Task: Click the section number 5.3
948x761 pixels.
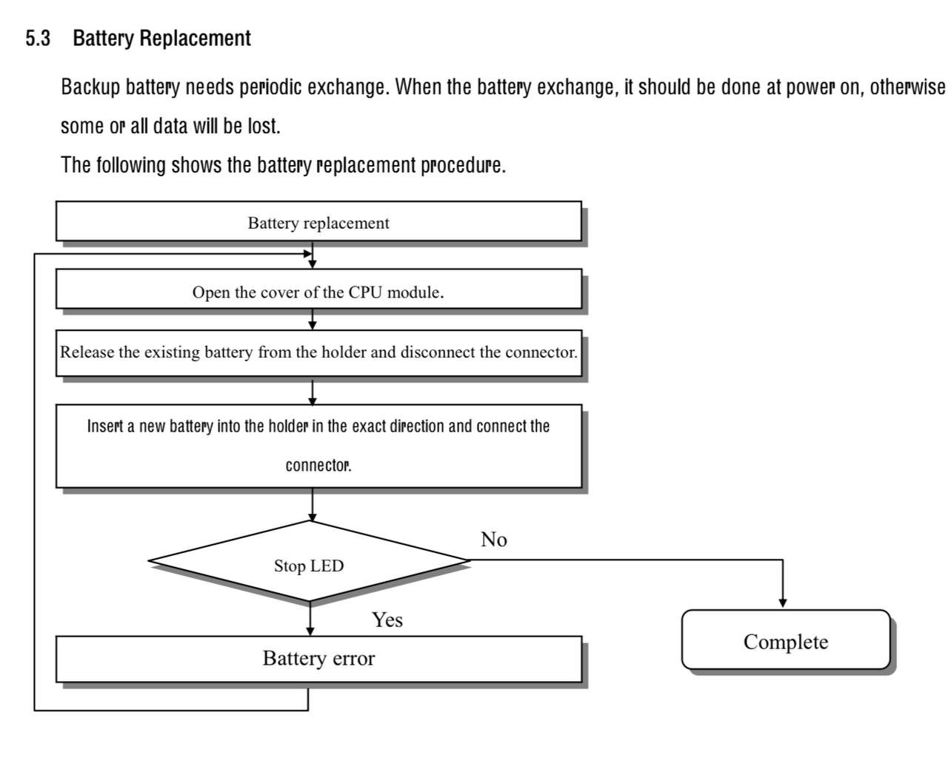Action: [x=38, y=38]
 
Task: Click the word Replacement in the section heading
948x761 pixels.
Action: [x=195, y=38]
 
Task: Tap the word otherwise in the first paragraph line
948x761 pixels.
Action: [x=907, y=87]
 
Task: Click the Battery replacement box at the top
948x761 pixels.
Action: [x=318, y=221]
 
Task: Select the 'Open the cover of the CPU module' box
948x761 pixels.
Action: [x=318, y=289]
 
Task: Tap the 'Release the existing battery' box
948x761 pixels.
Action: [x=318, y=353]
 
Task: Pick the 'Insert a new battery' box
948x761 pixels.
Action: [x=318, y=446]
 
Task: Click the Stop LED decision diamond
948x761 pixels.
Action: [x=310, y=561]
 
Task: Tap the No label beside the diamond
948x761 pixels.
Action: [x=494, y=540]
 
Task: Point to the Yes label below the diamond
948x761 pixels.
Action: [x=387, y=620]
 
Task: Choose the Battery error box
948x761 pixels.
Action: [x=318, y=660]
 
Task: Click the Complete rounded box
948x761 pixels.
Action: [x=786, y=640]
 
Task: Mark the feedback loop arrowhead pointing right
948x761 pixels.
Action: [x=307, y=254]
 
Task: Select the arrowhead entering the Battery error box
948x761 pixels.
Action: [x=310, y=632]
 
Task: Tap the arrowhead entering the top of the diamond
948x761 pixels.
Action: [x=313, y=517]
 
